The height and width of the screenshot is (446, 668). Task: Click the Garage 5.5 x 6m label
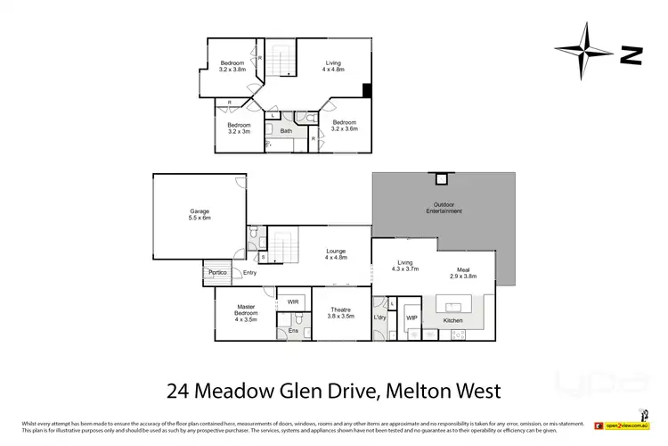[199, 215]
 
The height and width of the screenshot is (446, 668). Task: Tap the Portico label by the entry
[218, 272]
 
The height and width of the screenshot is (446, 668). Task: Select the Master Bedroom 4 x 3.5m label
[245, 313]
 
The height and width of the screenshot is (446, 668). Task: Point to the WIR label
[293, 301]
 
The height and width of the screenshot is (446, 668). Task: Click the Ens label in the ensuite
[293, 331]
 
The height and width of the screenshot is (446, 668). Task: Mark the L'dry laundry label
[380, 318]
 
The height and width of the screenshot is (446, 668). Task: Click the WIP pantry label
[411, 318]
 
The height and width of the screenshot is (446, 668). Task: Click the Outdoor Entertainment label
[442, 209]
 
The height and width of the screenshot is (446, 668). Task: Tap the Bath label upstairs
[286, 131]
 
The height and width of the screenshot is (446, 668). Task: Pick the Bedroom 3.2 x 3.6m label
[345, 125]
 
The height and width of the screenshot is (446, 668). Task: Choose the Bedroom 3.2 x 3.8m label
[232, 65]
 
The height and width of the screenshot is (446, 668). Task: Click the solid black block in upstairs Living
[366, 90]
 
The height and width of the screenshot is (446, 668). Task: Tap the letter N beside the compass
[631, 55]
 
